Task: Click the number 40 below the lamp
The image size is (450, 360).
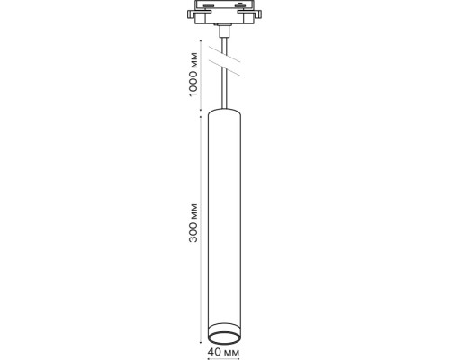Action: pos(213,352)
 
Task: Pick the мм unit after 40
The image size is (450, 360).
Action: pos(230,352)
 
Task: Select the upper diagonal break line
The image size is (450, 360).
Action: pos(225,55)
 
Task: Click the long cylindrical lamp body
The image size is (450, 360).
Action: pos(224,216)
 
